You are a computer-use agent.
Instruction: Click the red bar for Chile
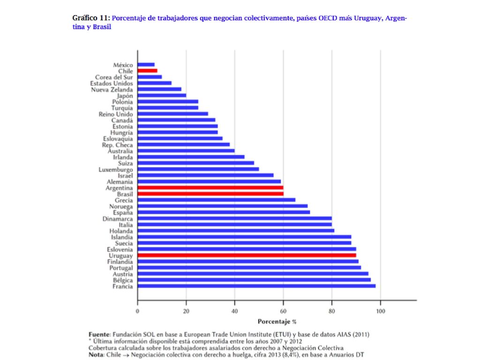point(147,71)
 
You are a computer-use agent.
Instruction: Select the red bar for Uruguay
point(247,255)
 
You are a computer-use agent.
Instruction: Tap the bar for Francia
point(256,286)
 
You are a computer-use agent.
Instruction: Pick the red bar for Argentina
point(210,187)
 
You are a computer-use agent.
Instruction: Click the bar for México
point(146,65)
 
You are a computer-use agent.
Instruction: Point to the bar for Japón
point(162,96)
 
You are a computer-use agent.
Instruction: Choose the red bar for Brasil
point(210,194)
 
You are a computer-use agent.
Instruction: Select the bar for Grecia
point(217,200)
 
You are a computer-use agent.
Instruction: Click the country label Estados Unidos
point(112,83)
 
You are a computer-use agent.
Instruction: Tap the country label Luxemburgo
point(116,170)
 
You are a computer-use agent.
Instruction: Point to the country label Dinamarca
point(118,218)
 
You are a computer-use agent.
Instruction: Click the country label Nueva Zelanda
point(112,90)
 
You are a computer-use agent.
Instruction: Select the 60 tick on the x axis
point(283,311)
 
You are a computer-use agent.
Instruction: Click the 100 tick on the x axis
point(381,311)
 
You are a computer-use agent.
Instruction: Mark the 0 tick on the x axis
point(137,311)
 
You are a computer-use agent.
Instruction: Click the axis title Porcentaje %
point(277,322)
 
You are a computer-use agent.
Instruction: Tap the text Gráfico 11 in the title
point(91,18)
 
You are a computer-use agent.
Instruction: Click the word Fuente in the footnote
point(99,334)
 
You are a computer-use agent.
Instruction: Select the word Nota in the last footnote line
point(96,354)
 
